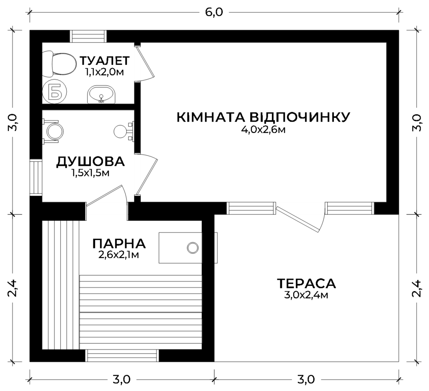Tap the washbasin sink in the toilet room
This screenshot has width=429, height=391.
[x=101, y=95]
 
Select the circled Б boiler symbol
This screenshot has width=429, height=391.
[x=55, y=92]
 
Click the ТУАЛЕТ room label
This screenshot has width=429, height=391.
[x=104, y=61]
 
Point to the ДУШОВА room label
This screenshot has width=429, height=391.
[x=90, y=161]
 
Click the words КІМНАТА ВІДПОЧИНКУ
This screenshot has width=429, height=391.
[x=263, y=117]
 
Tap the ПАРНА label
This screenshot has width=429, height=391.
[x=119, y=243]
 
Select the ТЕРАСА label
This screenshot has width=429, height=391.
[x=306, y=284]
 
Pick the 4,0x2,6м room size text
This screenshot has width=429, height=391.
[x=263, y=129]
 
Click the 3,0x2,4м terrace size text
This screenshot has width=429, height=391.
[x=306, y=295]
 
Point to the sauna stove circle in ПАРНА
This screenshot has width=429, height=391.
[x=193, y=248]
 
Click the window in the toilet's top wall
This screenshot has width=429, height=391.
[x=88, y=36]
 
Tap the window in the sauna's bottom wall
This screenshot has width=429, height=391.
[x=122, y=355]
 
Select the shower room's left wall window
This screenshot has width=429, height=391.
[x=36, y=177]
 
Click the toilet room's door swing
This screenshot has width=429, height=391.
[x=145, y=63]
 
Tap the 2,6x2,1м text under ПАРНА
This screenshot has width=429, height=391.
[x=119, y=255]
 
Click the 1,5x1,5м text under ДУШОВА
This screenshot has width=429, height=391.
[x=90, y=173]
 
